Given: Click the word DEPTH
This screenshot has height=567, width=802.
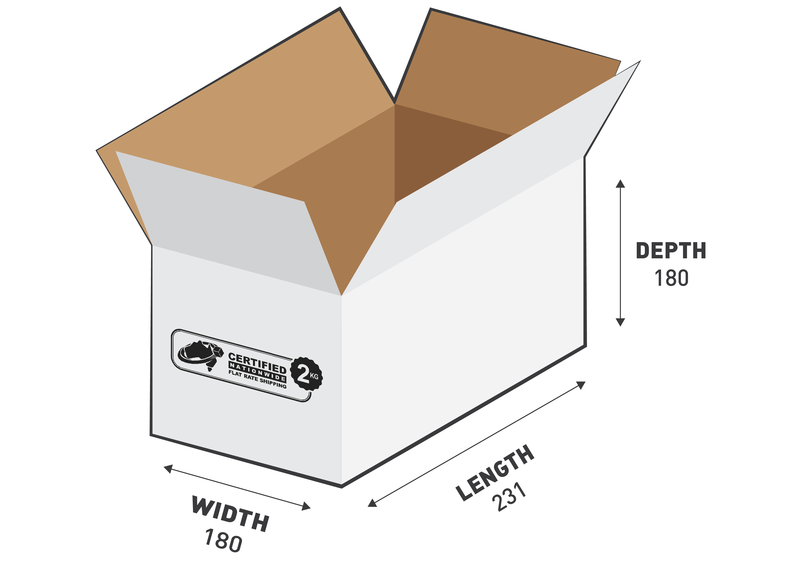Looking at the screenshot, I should [671, 251].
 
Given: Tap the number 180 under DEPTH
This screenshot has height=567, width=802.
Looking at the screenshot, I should [671, 278].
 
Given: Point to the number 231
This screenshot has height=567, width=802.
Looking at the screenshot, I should [509, 496].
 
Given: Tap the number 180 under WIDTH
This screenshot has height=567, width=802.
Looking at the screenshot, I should [224, 540].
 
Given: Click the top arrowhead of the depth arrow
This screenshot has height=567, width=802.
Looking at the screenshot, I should [620, 184].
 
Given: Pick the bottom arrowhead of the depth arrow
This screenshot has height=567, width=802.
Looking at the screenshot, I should [620, 322].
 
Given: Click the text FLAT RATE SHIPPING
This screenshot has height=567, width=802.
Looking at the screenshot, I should [257, 379].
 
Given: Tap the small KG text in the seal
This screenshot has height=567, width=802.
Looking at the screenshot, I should [314, 376].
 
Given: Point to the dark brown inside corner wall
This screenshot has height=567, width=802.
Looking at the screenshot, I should [437, 150].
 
